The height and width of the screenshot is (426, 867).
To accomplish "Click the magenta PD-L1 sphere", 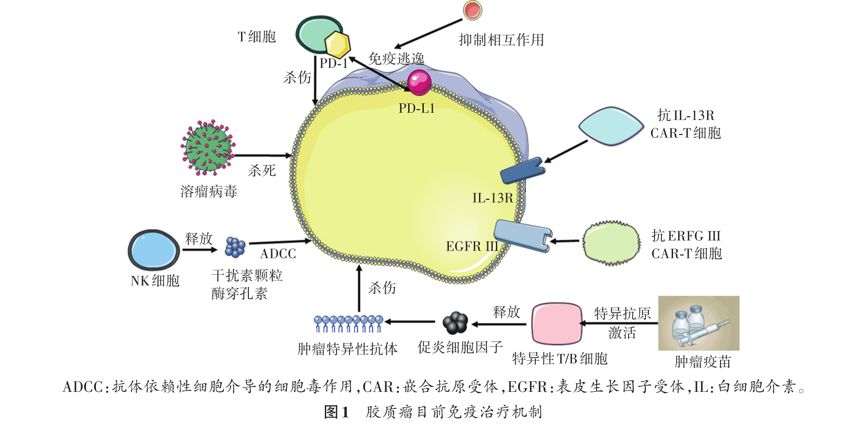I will [419, 83].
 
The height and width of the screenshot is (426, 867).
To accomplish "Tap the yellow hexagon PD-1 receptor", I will [337, 44].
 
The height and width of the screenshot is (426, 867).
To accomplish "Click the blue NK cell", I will [154, 250].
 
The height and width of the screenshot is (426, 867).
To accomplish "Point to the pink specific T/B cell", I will [556, 323].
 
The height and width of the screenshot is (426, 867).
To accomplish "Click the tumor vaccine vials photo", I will [698, 323].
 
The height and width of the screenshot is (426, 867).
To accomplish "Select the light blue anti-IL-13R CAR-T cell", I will [611, 126].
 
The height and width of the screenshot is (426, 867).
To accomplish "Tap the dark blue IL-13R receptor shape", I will [522, 171].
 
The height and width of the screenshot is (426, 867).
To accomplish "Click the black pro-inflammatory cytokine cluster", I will [455, 323].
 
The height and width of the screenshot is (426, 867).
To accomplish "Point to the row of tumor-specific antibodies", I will [348, 323].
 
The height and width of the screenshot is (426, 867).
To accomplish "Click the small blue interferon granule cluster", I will [235, 247].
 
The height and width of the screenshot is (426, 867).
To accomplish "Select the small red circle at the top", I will [473, 10].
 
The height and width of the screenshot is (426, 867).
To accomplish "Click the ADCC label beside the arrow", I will [278, 254].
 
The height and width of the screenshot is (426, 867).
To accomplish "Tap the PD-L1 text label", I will [416, 108].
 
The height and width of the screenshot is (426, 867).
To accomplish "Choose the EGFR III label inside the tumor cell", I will [472, 247].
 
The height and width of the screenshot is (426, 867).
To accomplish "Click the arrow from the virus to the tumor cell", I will [263, 155].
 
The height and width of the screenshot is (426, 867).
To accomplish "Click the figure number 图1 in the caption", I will [337, 412].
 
